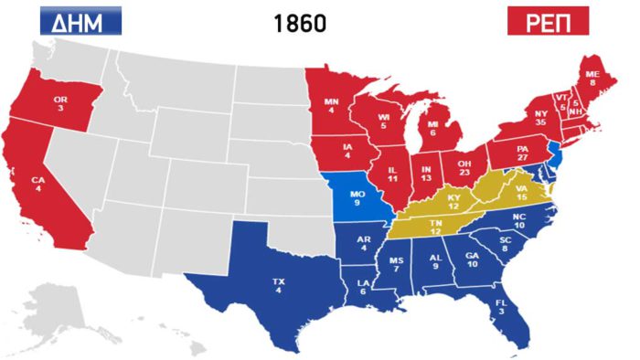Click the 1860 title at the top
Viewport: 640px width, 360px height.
pos(300,24)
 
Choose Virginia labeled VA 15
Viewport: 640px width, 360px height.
pos(521,195)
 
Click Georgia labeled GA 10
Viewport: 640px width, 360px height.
pos(473,261)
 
